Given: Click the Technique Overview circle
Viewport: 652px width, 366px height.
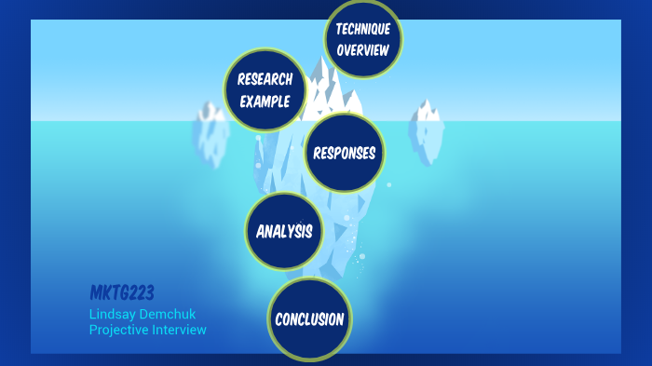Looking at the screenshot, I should pos(362,39).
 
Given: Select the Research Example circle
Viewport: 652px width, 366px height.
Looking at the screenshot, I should pos(265,90).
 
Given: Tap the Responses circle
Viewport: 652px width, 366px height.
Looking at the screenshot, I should pos(344,153).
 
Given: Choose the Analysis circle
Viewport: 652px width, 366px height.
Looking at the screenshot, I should pos(284,231).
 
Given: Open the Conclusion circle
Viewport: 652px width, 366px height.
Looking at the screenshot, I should pos(309,319).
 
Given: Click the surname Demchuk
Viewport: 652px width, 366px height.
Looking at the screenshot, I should pos(168,314).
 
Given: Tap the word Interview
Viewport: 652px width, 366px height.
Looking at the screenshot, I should pos(182,330).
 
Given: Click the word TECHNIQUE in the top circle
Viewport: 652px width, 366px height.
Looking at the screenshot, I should pos(362,30).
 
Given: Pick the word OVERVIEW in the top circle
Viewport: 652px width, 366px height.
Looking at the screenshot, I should pos(362,49).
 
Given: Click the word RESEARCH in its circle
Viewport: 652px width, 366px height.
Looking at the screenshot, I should pos(265,80).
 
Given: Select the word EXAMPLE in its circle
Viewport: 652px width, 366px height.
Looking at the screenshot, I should pos(265,101).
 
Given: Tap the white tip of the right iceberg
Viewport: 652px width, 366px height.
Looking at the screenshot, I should pos(428,112).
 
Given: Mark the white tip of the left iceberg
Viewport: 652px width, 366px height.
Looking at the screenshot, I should pos(211,113).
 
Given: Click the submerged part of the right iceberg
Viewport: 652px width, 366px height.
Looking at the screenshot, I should pos(427,144).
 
